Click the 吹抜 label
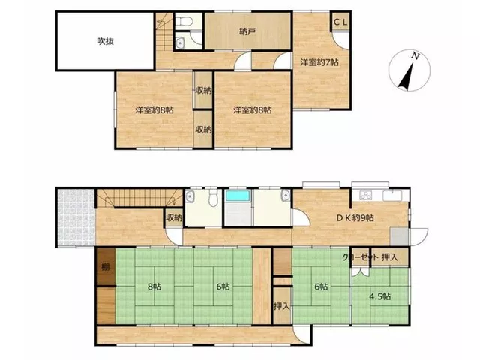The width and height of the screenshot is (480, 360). (106, 41)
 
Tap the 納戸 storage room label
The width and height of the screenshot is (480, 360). (247, 31)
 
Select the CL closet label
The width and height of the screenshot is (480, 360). (340, 22)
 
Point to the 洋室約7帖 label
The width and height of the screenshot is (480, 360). (319, 62)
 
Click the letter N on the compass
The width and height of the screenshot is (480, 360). (415, 55)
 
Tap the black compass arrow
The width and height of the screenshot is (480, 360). (406, 76)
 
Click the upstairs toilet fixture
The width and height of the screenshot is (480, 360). (183, 21)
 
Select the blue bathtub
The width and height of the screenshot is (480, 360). (238, 196)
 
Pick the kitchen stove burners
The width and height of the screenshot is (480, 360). (365, 195)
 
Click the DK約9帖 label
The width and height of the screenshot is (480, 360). (355, 218)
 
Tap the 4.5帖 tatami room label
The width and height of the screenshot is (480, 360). (380, 296)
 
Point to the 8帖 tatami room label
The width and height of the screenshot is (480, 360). (154, 286)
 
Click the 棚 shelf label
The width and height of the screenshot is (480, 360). (105, 267)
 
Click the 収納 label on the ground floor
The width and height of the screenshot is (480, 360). (174, 218)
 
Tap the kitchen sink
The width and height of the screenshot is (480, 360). (392, 196)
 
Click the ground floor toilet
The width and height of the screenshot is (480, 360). (212, 196)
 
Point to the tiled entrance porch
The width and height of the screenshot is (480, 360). (76, 217)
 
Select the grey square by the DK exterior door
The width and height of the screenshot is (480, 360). (399, 236)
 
